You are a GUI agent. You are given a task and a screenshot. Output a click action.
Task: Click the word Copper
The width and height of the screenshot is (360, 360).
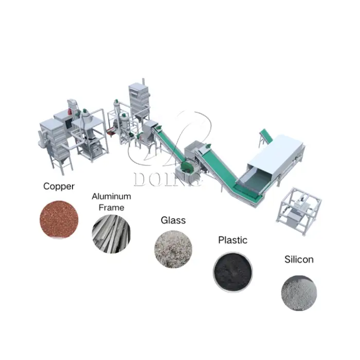(x=59, y=186)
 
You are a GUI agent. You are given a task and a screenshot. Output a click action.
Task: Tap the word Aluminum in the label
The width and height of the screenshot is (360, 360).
(x=112, y=196)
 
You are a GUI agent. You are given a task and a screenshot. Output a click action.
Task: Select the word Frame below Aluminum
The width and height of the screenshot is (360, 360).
(x=112, y=208)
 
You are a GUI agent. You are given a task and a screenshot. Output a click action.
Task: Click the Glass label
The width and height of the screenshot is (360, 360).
(x=173, y=220)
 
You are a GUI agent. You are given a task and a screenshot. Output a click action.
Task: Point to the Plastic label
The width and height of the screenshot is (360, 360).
(x=232, y=240)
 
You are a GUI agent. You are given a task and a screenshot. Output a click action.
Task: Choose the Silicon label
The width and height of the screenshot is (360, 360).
(x=299, y=259)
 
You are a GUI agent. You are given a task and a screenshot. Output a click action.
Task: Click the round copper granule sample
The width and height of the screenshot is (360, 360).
(x=59, y=220)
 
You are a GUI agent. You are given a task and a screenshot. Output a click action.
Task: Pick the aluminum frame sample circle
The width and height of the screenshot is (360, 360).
(x=112, y=234)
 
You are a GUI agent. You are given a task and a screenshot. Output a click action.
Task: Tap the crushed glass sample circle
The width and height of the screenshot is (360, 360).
(x=173, y=249)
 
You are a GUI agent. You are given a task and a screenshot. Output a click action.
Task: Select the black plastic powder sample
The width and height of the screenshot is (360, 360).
(x=233, y=272)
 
